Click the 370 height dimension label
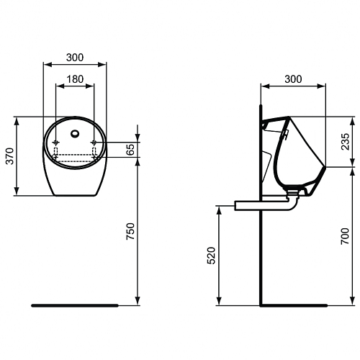coord(10,156)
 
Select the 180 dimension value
coord(75,79)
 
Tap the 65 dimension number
coord(130,150)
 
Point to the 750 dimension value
coord(131,231)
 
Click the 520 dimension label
coord(212,256)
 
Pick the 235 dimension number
coord(346,142)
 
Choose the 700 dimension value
coord(345,236)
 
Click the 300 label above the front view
coord(75,58)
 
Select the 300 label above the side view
coord(293,79)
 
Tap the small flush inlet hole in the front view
coord(75,133)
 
